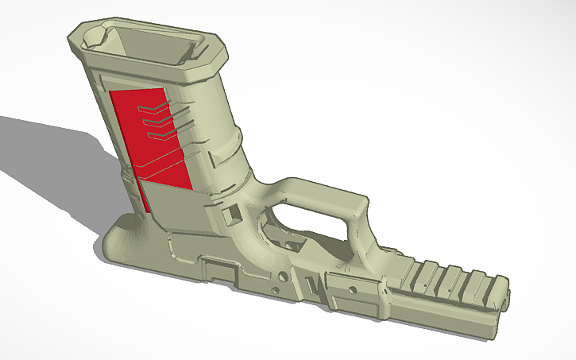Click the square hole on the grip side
pyautogui.click(x=234, y=214)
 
